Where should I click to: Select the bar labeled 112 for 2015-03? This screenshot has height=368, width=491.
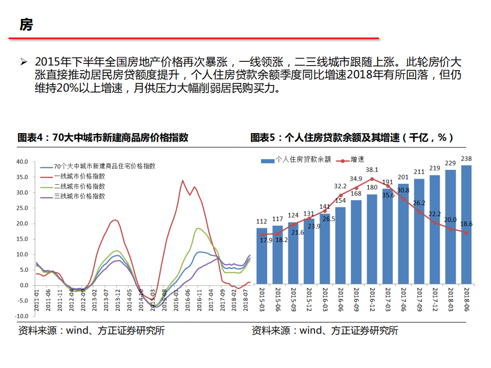point(262,256)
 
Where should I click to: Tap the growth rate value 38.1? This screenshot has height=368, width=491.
point(372,169)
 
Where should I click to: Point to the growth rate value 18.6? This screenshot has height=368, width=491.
point(466,224)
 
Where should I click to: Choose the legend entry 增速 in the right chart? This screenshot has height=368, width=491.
point(357,160)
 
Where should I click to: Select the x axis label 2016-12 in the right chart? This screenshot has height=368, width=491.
point(373,298)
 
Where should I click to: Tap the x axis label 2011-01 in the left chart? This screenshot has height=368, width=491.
point(36,301)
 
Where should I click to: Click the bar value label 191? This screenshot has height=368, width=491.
point(388,182)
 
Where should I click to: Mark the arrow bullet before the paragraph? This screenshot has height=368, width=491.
point(23,62)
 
